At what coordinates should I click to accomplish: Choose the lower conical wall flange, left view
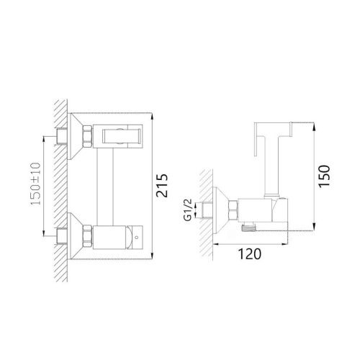[72, 235]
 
